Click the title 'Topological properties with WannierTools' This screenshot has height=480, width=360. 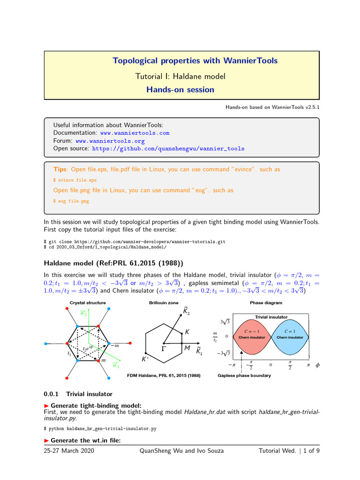[x=195, y=61]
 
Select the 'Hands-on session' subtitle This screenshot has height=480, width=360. [x=180, y=90]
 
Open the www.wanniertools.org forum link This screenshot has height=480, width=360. [x=110, y=141]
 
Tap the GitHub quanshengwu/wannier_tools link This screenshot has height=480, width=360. [x=168, y=148]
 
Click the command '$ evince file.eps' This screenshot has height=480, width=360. [x=75, y=180]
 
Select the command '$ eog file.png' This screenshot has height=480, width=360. [x=71, y=201]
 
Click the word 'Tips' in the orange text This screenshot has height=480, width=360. [x=60, y=169]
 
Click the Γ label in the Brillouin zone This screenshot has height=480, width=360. [x=164, y=349]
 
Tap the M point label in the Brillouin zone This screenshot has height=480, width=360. [x=187, y=348]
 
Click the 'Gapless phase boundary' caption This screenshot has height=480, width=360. [x=244, y=375]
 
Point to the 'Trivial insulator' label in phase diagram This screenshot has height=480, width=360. [x=271, y=317]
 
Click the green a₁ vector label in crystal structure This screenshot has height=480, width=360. [x=116, y=366]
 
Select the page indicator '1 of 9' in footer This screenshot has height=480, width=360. [x=309, y=451]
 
